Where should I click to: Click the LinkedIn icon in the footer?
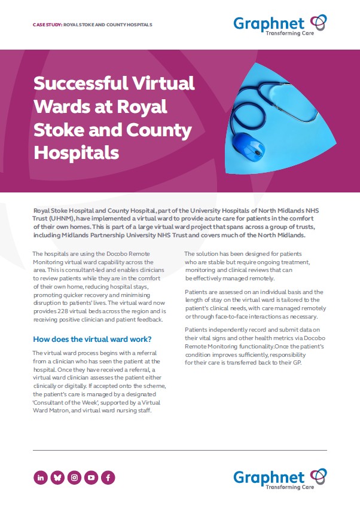coord(41,478)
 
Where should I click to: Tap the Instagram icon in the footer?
coord(74,478)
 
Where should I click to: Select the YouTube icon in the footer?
coord(91,478)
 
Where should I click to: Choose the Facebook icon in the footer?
coord(108,478)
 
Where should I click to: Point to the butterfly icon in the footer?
coord(57,478)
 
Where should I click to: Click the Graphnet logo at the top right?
coord(280,25)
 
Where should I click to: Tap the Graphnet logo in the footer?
coord(280,478)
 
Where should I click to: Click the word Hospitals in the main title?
coord(77,152)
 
